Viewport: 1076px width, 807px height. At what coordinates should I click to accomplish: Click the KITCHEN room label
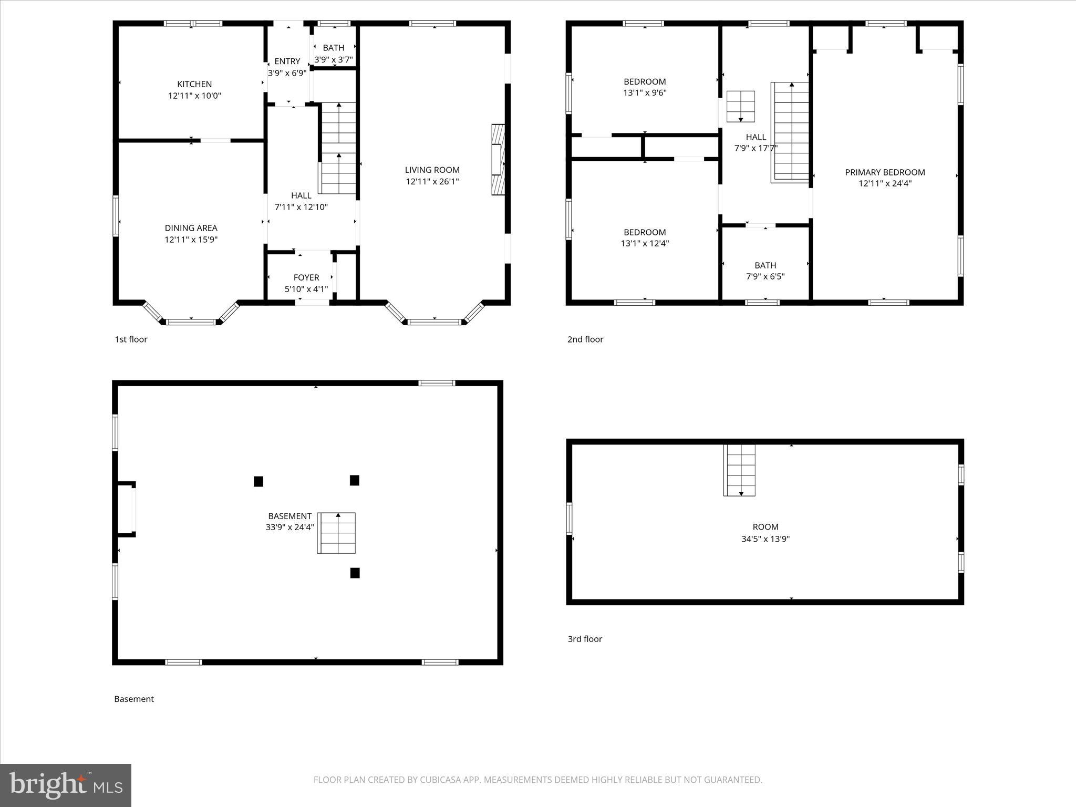pos(194,84)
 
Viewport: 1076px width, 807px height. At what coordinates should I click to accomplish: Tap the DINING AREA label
pos(191,228)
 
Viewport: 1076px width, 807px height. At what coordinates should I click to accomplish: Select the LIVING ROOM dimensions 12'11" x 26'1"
pos(432,182)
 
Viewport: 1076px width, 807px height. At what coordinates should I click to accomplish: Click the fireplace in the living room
pos(498,160)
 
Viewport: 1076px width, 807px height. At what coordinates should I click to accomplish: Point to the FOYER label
pos(306,277)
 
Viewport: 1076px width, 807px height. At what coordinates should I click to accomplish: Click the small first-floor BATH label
pos(334,48)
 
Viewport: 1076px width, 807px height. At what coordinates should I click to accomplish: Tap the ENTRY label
pos(287,61)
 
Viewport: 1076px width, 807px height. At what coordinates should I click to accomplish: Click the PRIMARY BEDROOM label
pos(885,172)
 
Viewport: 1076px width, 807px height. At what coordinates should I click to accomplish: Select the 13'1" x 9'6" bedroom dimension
pos(645,93)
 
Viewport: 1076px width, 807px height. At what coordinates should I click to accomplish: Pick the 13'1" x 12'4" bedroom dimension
pos(645,244)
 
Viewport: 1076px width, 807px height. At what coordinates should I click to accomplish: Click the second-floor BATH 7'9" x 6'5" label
pos(765,271)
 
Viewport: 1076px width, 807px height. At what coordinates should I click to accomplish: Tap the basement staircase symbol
pos(336,533)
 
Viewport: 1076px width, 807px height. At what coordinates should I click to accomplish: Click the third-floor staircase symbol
pos(740,470)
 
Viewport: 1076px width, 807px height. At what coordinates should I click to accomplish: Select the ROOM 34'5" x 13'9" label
pos(765,533)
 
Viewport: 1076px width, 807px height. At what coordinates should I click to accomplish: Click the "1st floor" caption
pos(131,339)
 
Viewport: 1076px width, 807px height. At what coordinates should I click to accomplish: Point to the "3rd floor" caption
pos(585,639)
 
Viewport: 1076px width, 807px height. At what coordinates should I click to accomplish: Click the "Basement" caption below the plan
pos(134,699)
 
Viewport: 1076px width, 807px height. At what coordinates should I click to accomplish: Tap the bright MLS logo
pos(66,785)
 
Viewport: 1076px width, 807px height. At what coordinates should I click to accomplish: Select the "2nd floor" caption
pos(585,339)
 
